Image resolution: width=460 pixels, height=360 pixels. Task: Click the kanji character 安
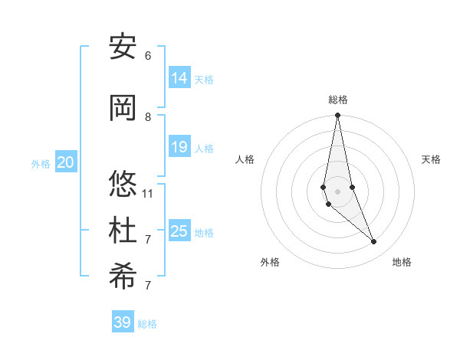123,47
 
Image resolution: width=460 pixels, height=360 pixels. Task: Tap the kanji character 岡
123,108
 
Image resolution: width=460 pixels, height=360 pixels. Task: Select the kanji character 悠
123,185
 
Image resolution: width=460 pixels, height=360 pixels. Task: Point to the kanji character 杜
123,231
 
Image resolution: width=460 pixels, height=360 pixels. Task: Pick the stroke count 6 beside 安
148,56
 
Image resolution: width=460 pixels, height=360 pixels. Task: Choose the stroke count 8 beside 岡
148,116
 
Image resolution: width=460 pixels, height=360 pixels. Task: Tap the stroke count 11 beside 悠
148,193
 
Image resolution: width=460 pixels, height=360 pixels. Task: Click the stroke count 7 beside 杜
148,239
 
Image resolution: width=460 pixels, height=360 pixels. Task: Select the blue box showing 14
179,78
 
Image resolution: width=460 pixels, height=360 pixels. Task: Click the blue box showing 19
179,147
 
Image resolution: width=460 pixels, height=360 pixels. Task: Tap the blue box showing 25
179,231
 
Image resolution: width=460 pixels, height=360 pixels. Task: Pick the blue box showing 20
66,162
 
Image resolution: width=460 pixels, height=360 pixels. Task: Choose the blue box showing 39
123,322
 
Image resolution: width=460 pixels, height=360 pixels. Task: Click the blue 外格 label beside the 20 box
41,163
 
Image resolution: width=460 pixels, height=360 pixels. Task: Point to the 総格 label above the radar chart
338,100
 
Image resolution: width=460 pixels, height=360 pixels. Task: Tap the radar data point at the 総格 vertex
337,116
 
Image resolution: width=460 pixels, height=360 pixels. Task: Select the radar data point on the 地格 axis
374,242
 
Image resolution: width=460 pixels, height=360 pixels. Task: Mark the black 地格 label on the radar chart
402,263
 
